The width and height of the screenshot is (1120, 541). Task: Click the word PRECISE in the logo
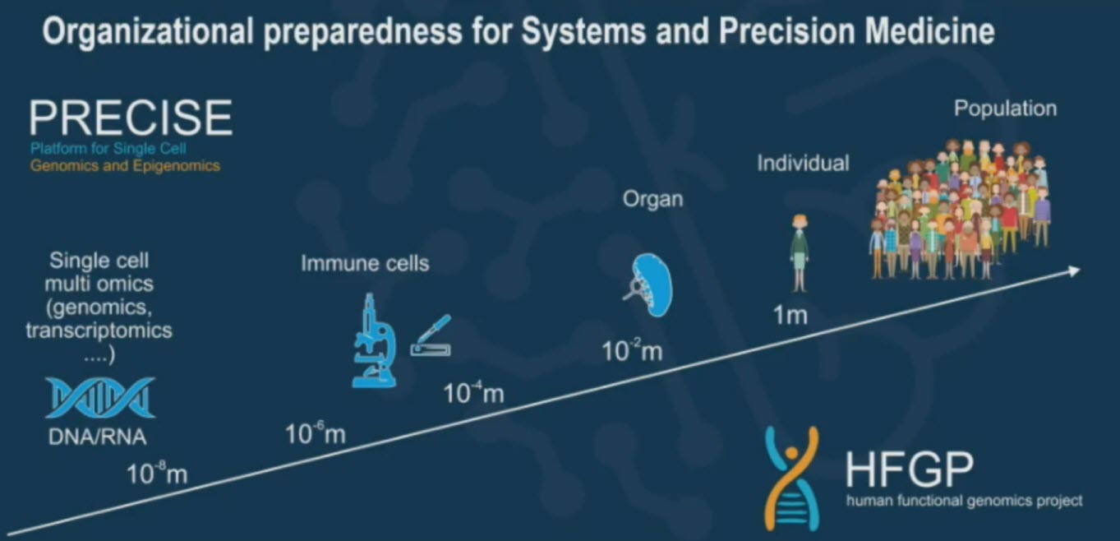131,118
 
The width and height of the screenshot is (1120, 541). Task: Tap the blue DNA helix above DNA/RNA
100,398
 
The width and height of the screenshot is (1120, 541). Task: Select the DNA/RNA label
98,437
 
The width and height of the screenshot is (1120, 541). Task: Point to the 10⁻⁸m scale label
157,474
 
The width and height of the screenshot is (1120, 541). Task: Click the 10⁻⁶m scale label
316,433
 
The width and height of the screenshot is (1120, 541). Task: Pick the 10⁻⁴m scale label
473,393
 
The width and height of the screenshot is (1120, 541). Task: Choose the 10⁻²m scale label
632,350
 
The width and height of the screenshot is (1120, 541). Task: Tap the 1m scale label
790,315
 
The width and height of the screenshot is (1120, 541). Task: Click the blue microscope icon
374,340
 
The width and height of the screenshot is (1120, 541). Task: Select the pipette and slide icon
431,336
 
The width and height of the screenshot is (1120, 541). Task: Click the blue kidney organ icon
650,284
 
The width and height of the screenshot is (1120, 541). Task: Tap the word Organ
652,200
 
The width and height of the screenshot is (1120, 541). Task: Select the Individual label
803,163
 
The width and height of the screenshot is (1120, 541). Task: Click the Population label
1006,109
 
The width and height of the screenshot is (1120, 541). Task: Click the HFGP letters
910,469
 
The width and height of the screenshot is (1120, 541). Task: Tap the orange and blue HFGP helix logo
791,478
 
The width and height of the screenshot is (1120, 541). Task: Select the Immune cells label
365,264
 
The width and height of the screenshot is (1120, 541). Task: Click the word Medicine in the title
929,31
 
